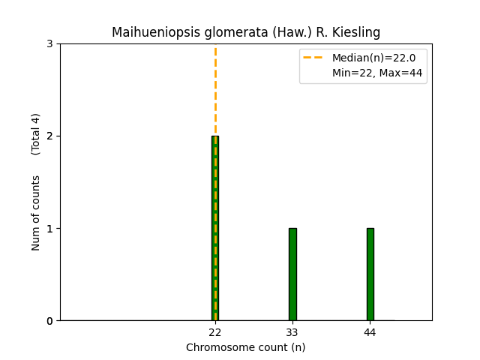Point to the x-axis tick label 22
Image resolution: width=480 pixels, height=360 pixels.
pos(215,331)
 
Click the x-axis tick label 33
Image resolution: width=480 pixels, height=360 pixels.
pos(292,331)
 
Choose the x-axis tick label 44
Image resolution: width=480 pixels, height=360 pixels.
pos(370,331)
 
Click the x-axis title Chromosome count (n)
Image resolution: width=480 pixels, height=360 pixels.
pos(246,347)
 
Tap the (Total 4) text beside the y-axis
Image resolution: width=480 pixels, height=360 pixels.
pos(36,134)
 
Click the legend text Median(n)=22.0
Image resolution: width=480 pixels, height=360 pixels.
pos(373,58)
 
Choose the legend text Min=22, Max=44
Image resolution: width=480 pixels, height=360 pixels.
pos(377,73)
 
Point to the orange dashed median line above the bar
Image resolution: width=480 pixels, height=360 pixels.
pos(215,90)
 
